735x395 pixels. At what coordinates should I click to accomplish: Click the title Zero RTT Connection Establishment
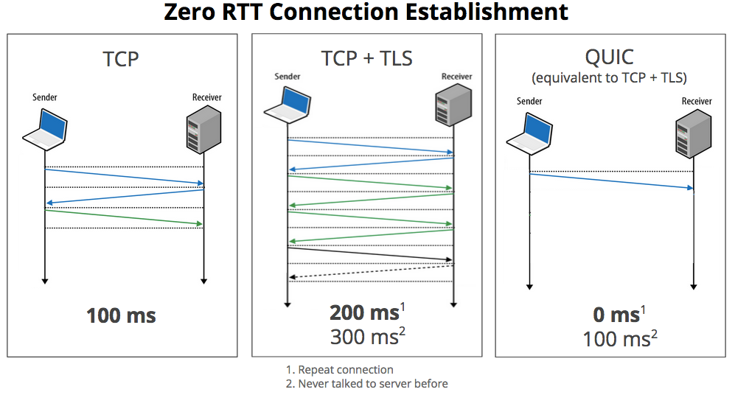(x=366, y=13)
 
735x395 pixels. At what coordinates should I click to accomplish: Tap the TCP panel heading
(x=122, y=58)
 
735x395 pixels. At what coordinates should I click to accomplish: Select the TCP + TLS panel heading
(x=366, y=58)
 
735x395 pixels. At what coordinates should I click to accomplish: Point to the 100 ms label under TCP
(x=122, y=315)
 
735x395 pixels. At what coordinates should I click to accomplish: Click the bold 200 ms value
(x=364, y=312)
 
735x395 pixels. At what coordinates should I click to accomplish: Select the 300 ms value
(x=364, y=337)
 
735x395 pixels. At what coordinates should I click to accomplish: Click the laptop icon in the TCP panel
(x=45, y=127)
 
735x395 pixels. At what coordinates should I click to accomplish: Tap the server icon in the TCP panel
(x=203, y=127)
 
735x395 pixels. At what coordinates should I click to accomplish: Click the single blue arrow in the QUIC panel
(x=611, y=181)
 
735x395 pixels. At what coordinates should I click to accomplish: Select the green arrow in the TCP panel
(x=124, y=217)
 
